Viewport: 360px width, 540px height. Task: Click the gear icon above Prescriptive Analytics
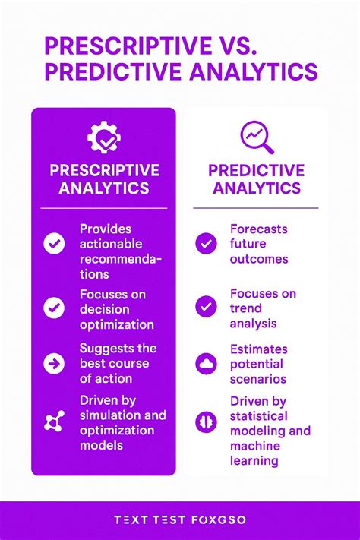pos(104,137)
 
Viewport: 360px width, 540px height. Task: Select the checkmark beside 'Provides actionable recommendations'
pos(54,244)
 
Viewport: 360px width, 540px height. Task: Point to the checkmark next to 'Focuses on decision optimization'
pos(54,308)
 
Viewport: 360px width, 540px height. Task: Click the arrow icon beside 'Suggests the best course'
pos(54,362)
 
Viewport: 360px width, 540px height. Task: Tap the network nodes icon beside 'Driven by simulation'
pos(54,422)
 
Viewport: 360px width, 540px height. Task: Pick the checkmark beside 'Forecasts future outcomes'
pos(206,243)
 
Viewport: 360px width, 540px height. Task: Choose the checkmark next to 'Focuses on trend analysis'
pos(206,306)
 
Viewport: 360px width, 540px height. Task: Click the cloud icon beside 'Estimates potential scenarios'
pos(206,363)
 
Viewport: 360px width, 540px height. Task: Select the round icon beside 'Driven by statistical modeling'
pos(206,422)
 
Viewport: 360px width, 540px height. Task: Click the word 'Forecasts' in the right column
pos(259,229)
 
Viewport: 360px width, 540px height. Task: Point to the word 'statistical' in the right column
pos(259,415)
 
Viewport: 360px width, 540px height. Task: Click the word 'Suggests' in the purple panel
pos(107,348)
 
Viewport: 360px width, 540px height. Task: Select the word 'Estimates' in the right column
pos(259,349)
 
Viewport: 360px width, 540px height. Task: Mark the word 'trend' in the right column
pos(245,308)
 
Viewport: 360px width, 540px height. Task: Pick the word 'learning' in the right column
pos(254,460)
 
